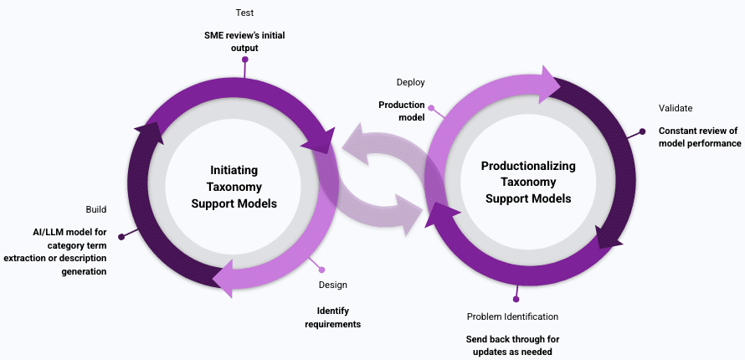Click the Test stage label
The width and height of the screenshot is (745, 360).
tap(244, 13)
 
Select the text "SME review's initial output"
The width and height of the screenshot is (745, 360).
tap(245, 42)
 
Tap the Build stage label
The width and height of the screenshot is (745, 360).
tap(95, 208)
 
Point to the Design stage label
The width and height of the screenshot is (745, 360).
tap(332, 285)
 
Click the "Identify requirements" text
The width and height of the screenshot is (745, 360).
tap(332, 317)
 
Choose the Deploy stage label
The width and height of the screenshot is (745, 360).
tap(410, 82)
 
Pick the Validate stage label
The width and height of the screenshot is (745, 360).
tap(676, 108)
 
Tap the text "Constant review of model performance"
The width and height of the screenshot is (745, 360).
tap(700, 137)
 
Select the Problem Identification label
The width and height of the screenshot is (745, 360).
tap(512, 316)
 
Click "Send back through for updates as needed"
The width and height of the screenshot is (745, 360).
tap(512, 346)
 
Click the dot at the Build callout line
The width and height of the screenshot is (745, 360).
tap(121, 237)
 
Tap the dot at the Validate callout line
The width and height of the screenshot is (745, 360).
tap(642, 131)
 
